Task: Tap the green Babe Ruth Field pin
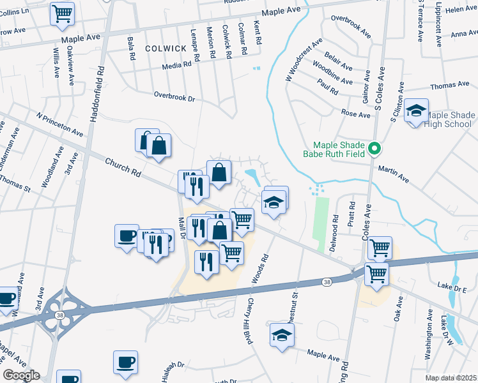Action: click(x=376, y=149)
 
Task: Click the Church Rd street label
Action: click(x=123, y=168)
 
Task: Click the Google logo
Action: click(x=21, y=375)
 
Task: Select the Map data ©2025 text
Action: click(x=451, y=378)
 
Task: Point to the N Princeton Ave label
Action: click(x=60, y=126)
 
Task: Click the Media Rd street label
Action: click(x=177, y=64)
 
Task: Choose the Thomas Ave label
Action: click(x=450, y=85)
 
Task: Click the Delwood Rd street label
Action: click(x=335, y=228)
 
